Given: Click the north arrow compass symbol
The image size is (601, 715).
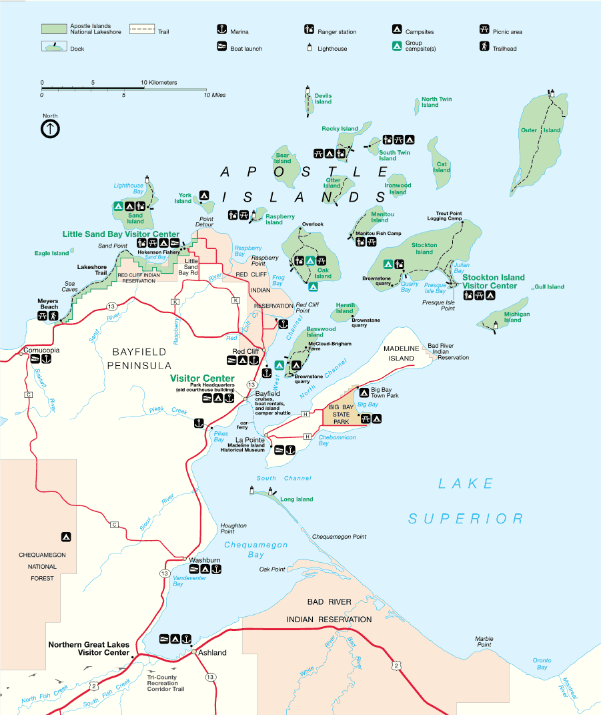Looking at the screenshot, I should pos(51,129).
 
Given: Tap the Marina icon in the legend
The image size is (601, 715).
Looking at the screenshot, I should pos(221,29).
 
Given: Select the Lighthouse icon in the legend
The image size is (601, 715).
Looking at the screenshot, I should pos(309,47).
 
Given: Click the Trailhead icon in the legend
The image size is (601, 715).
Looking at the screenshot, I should pos(484,47).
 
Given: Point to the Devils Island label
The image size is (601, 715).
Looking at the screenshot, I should pos(323,99).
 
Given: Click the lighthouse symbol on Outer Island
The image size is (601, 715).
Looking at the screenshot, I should pos(552,93).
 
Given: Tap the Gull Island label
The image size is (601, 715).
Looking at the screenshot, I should pos(549,287).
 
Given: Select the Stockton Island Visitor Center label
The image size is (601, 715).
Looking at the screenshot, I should pos(493,281).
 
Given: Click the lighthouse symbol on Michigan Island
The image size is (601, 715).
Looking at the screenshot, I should pos(495,325).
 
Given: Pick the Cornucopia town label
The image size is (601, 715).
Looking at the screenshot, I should pos(41,350).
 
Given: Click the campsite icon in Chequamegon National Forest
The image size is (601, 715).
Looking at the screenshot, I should pos(65,536).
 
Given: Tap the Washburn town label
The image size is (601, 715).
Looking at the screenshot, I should pos(204,559).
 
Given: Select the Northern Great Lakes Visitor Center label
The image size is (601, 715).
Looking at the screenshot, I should pos(89,648).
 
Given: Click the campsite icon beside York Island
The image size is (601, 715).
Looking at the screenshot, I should pos(205,196).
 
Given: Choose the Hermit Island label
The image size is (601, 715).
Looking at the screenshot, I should pos(345,308).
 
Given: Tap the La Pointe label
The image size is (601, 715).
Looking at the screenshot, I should pos(249,439).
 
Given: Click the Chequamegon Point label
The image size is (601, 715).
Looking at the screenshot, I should pos(339,537).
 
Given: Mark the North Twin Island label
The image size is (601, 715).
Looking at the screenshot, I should pos(436,102).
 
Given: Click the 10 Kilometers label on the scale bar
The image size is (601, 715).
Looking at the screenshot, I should pos(159,83).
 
